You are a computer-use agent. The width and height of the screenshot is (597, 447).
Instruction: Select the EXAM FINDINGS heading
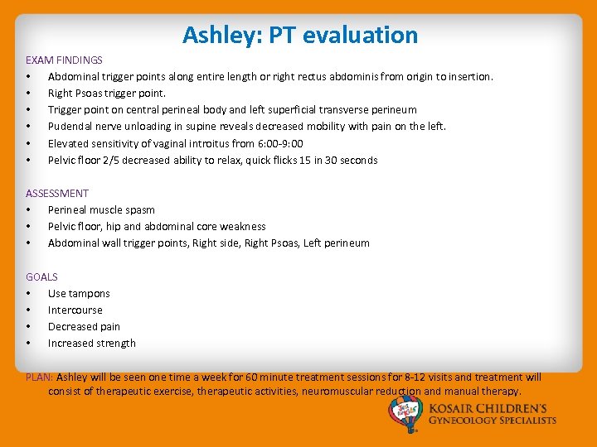(64, 60)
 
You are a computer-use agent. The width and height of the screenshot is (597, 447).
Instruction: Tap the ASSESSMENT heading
(57, 194)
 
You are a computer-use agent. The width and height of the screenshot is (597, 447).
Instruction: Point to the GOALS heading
(41, 277)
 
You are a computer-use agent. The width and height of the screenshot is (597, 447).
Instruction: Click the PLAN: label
(40, 377)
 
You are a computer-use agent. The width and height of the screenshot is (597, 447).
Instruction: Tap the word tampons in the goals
(90, 294)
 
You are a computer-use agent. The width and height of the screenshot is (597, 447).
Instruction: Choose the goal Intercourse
(75, 310)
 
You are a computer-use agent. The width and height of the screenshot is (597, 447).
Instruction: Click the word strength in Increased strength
(115, 344)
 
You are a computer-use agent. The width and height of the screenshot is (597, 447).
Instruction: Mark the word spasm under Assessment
(139, 210)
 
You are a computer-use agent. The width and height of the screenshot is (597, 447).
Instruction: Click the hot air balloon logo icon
(406, 414)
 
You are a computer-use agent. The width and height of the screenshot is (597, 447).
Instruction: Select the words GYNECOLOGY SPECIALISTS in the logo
(493, 421)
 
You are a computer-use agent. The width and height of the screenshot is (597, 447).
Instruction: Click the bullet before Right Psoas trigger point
(29, 94)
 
